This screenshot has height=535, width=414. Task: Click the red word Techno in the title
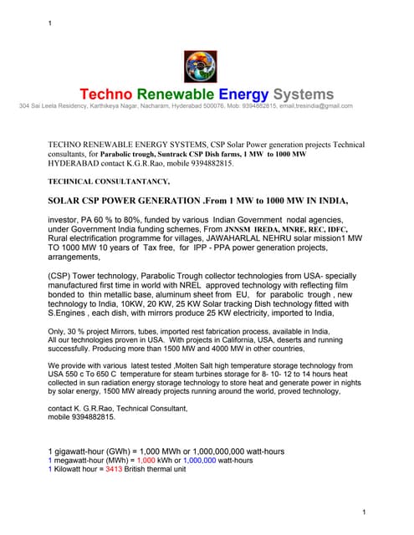click(x=109, y=94)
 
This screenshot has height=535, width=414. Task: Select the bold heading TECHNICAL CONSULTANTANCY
click(x=109, y=181)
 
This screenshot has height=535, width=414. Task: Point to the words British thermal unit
click(x=160, y=469)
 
